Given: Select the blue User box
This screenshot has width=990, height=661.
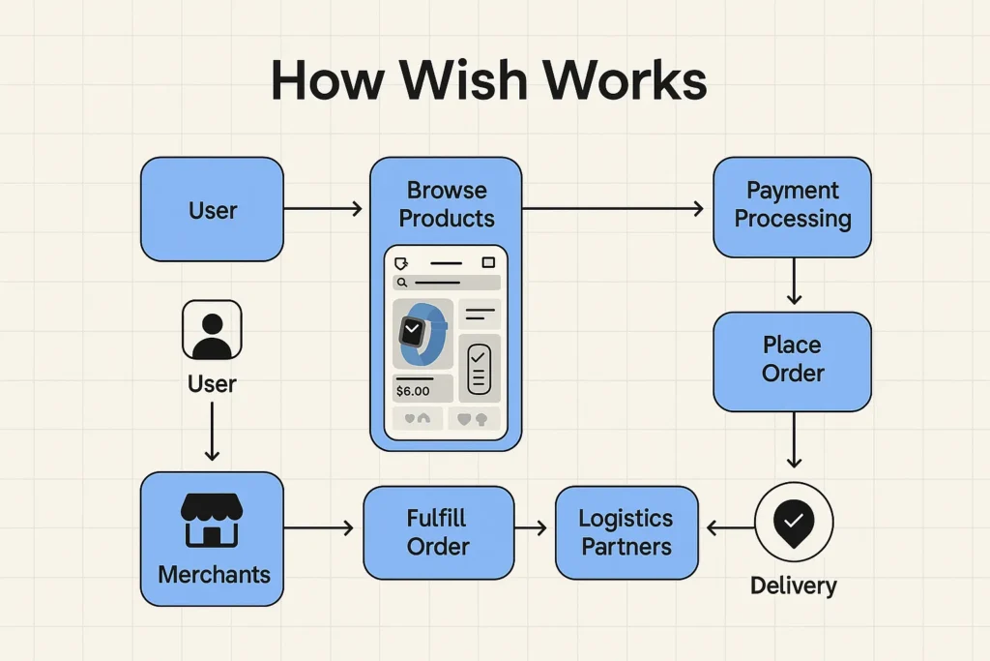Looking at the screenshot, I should [212, 210].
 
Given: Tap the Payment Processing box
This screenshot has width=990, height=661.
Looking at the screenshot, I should [792, 205].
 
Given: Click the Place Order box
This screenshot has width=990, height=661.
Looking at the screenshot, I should [792, 360].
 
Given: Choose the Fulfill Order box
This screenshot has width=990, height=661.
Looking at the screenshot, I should [438, 532].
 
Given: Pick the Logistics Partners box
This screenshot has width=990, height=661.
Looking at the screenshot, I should [626, 532].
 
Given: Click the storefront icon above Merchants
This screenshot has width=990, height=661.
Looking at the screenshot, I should [213, 520].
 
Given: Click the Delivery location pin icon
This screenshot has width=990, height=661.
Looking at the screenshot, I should [793, 523].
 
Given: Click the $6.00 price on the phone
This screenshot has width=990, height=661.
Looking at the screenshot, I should [413, 391].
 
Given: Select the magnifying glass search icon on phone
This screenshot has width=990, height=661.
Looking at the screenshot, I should [400, 283].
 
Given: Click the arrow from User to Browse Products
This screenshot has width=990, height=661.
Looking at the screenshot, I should [323, 209].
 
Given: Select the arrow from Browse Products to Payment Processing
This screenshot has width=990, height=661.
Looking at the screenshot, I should [612, 209].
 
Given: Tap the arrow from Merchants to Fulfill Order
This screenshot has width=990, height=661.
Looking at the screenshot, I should [319, 528].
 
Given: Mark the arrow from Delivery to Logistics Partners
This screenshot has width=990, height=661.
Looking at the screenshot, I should [729, 528].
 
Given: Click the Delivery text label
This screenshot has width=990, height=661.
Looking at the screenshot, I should [793, 586].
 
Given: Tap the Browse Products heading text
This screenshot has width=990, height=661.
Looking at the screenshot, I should [446, 204].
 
